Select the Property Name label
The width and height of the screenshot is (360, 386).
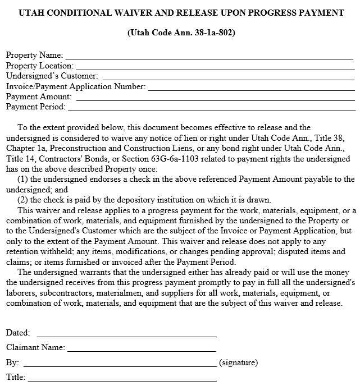34,56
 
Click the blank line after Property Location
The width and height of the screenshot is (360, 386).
214,66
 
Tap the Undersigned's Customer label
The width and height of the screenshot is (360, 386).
52,76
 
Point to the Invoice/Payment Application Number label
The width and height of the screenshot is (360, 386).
76,86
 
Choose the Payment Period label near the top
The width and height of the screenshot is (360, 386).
35,107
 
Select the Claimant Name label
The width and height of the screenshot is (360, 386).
35,348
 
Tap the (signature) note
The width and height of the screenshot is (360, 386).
239,362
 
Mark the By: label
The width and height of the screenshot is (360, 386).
13,362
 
